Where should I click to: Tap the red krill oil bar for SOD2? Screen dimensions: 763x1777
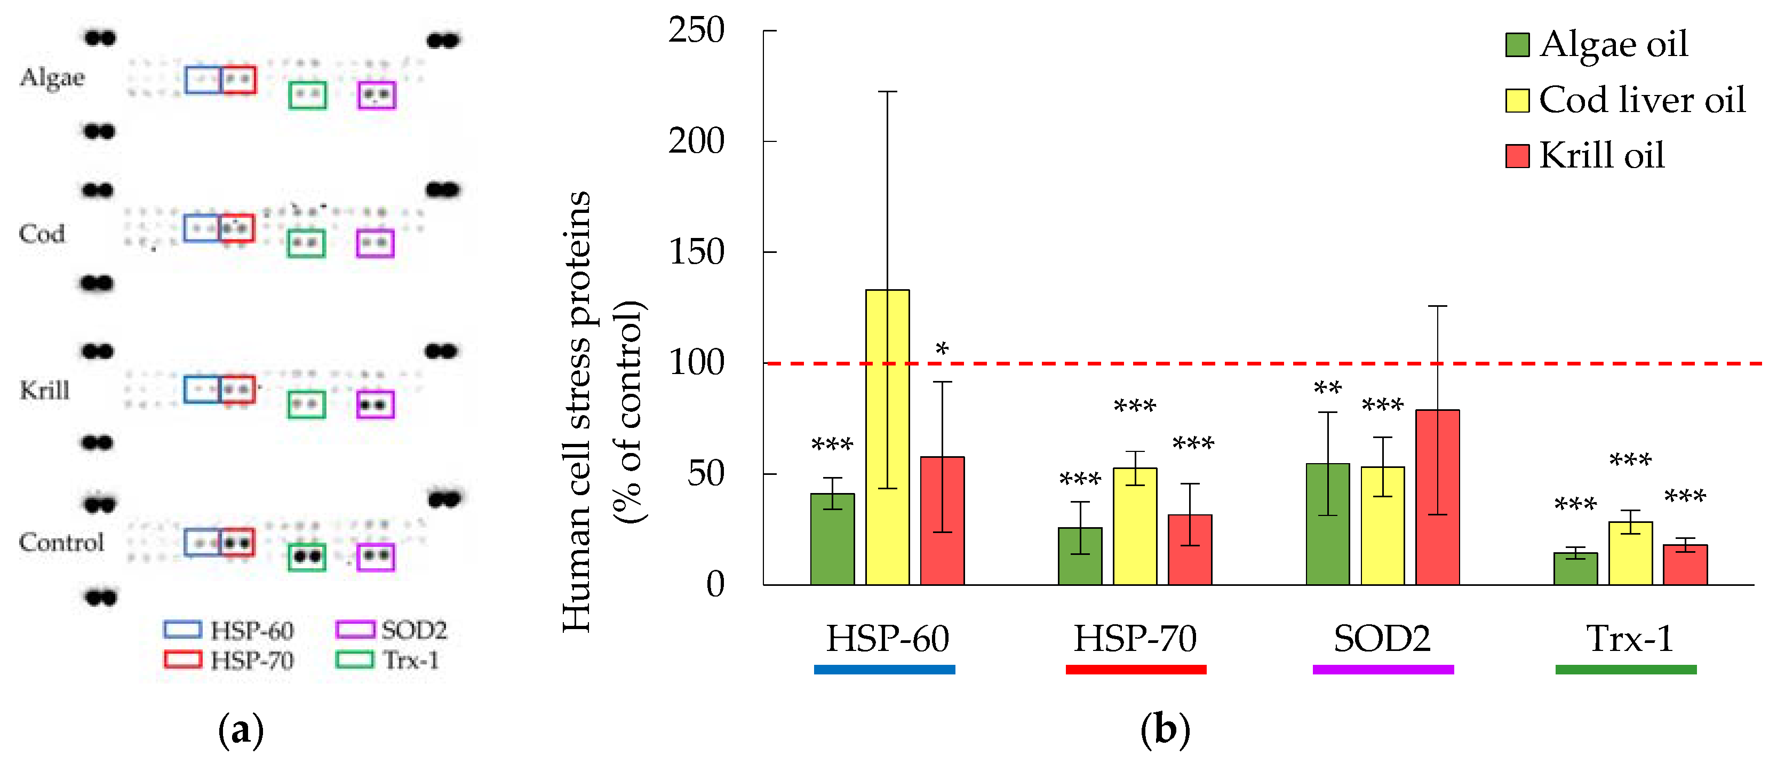(1437, 497)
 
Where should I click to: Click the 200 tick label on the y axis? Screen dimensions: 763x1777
(696, 141)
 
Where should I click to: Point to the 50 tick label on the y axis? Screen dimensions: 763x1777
(705, 473)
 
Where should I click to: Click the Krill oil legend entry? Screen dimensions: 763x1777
(1600, 155)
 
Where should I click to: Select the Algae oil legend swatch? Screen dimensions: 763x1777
(1517, 45)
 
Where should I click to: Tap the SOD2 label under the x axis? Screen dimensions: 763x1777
(1382, 638)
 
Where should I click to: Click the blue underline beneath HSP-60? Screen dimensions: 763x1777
(884, 669)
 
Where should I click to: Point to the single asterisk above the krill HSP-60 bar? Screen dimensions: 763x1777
(942, 349)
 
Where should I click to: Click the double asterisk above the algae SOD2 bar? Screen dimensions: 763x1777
(1327, 388)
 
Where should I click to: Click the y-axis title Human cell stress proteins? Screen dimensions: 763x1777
(577, 411)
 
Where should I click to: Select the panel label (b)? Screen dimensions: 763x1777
(1165, 730)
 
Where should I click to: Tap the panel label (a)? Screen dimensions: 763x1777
(241, 730)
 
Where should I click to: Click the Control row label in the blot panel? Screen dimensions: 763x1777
(61, 542)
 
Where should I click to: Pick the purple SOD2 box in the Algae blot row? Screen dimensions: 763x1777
(377, 95)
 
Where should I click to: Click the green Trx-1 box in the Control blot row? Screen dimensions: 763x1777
(306, 557)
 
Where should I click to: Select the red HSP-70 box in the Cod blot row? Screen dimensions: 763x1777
(237, 228)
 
